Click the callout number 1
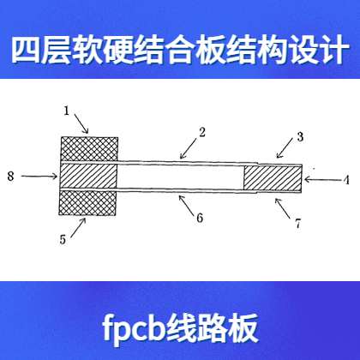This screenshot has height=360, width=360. click(66, 111)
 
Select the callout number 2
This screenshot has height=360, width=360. click(202, 132)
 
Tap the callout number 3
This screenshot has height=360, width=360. click(300, 137)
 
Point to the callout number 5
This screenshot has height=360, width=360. click(63, 239)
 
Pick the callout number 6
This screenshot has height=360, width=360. click(200, 218)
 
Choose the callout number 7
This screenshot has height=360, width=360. click(298, 223)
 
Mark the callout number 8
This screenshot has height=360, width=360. click(10, 176)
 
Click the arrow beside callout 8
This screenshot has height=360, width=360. click(39, 177)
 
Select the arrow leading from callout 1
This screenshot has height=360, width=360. click(81, 123)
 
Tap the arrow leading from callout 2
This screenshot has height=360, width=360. click(189, 148)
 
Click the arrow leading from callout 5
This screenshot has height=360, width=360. click(78, 227)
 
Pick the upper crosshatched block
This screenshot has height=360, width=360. click(89, 149)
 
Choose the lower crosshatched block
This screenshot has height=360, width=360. click(87, 202)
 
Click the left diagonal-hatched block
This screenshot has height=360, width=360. click(88, 176)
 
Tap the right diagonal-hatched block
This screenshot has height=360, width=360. click(273, 179)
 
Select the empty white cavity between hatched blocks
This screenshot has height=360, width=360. click(180, 177)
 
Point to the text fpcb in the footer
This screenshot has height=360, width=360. click(135, 329)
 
